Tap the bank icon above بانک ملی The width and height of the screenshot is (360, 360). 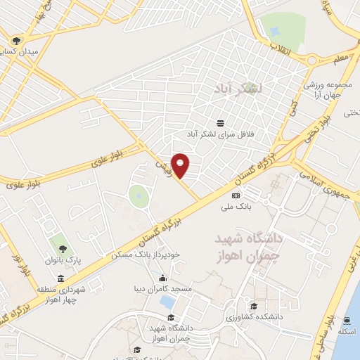point(236,195)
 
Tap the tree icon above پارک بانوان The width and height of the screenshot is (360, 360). point(63,248)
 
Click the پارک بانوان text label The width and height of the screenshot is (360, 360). point(64,259)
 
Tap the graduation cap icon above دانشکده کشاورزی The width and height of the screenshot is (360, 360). point(253,305)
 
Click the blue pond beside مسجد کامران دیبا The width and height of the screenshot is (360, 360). point(167,302)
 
